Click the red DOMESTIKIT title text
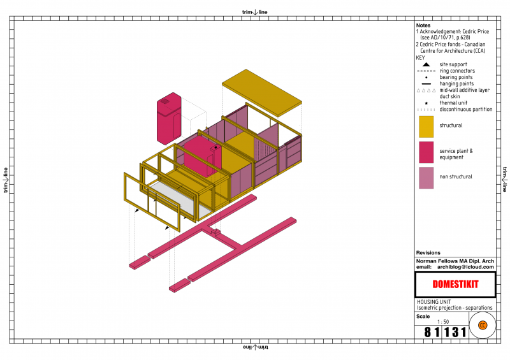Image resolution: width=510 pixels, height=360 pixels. click(455, 284)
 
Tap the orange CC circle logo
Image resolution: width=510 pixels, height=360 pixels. click(483, 325)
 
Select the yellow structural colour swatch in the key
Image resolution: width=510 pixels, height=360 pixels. click(426, 127)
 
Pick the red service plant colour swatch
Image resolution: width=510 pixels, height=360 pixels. click(426, 152)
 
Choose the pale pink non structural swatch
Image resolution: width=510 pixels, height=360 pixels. click(426, 178)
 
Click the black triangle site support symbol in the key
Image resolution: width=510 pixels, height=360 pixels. click(426, 64)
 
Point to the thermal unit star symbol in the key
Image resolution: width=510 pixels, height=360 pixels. click(426, 103)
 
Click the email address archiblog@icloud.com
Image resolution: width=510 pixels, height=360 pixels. click(465, 267)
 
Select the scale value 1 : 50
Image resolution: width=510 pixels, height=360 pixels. click(443, 322)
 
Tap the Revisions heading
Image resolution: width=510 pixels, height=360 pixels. click(428, 253)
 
